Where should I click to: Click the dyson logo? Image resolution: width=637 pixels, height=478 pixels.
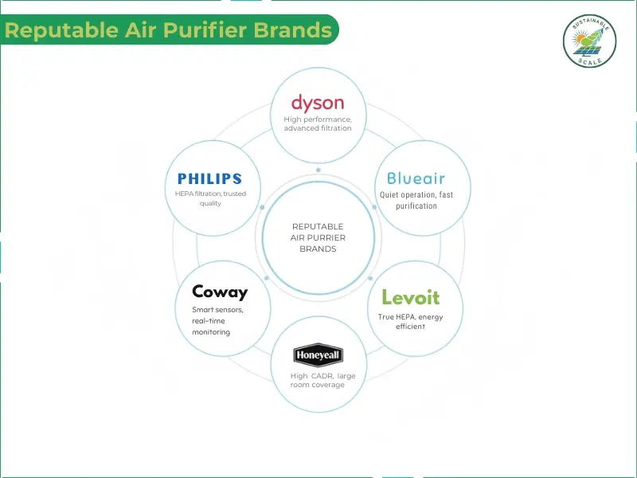point(318,102)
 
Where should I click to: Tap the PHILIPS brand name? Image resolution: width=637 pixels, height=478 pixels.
point(209,178)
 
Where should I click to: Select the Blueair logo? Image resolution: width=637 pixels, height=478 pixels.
point(416,178)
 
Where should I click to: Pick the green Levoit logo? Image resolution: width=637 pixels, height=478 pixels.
point(411,297)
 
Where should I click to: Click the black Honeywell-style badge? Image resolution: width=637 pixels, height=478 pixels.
point(318,355)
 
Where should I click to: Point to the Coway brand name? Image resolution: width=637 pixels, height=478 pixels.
point(220,292)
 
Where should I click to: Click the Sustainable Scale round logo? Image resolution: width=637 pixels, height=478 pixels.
point(590,40)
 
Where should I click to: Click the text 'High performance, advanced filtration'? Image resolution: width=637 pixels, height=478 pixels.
point(318,123)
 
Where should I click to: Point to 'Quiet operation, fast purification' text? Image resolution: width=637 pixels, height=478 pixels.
point(416,199)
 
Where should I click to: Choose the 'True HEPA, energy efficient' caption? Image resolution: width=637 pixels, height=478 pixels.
point(411,321)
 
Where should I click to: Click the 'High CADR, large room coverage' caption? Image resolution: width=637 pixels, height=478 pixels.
point(318,380)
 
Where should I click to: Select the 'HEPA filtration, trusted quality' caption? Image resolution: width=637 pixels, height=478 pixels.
point(209,198)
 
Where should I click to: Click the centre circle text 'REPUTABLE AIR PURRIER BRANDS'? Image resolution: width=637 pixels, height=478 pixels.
point(318,237)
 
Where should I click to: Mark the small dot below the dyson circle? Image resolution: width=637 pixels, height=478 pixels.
point(318,170)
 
